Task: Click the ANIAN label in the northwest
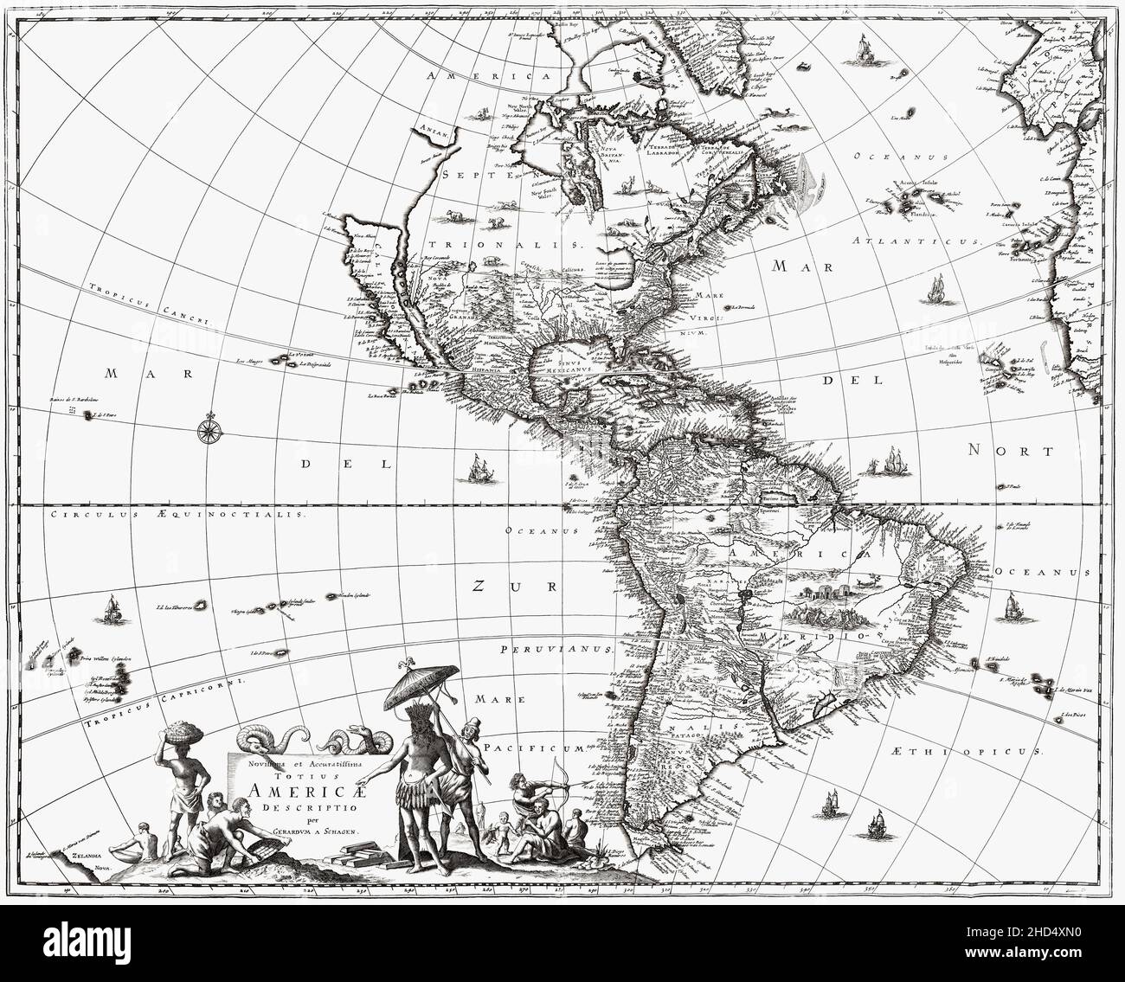[x=433, y=132]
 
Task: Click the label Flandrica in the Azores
[x=916, y=212]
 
